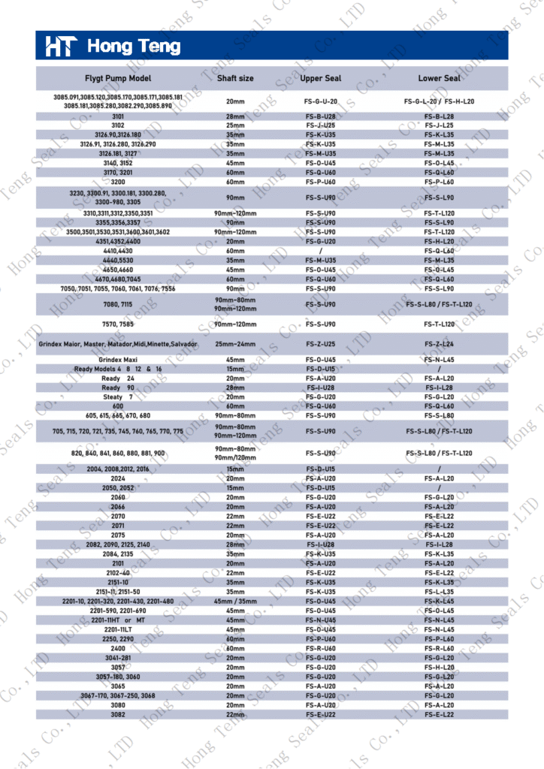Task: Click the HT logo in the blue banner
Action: [x=60, y=47]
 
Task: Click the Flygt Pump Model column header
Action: [x=118, y=78]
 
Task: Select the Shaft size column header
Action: [x=235, y=78]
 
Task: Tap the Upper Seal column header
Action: [x=322, y=78]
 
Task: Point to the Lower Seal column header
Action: [x=440, y=78]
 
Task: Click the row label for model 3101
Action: [x=118, y=116]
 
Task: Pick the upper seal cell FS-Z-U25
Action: [x=322, y=343]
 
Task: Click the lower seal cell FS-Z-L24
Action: [x=440, y=343]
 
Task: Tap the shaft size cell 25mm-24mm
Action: [x=235, y=343]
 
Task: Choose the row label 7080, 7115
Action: [x=118, y=304]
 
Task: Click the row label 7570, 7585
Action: [x=118, y=324]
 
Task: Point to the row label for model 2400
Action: [x=118, y=648]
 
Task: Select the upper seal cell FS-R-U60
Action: [x=322, y=648]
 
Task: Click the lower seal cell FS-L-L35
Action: [x=440, y=592]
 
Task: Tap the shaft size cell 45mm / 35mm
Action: [x=235, y=601]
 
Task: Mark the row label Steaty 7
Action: [x=118, y=397]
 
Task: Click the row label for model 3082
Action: [x=118, y=714]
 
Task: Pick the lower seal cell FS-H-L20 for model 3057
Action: [x=440, y=667]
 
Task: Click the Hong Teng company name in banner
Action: [x=134, y=47]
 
